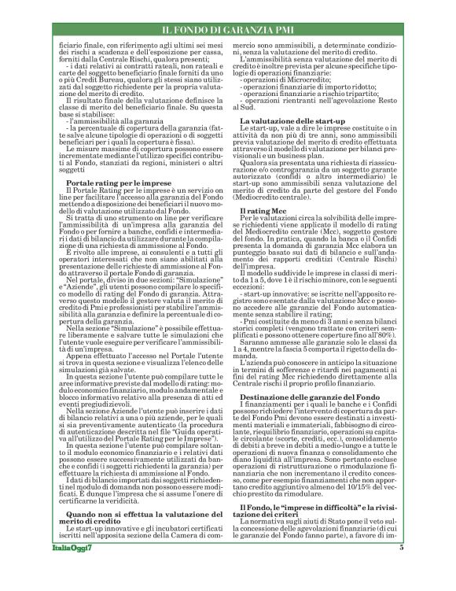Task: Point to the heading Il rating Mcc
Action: point(264,212)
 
